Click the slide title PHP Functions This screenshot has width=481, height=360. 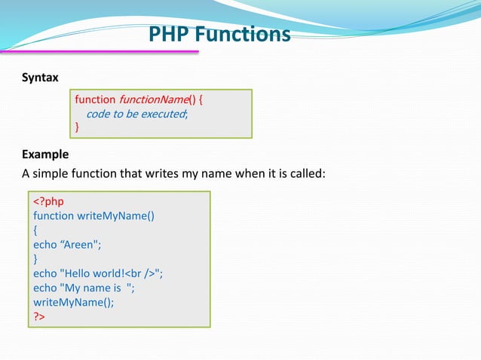tap(219, 35)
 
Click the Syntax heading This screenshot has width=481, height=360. tap(40, 78)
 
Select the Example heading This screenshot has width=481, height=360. tap(45, 154)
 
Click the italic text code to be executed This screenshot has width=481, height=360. tap(136, 114)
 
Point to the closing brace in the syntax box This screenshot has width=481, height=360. tap(76, 128)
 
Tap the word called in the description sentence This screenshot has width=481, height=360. tap(304, 174)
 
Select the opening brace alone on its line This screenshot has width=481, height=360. tap(35, 230)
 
